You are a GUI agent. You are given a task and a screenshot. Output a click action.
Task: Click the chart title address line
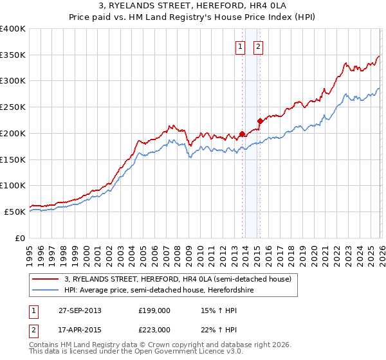click(x=192, y=6)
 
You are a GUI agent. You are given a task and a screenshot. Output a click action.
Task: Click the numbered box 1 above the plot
click(x=240, y=46)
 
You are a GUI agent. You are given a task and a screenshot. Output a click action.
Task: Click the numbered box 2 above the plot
click(x=258, y=46)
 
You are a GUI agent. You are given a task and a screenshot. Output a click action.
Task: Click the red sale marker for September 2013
click(x=242, y=134)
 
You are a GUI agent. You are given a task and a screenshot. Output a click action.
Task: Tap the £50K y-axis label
click(x=15, y=212)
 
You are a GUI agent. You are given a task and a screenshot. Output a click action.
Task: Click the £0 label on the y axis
click(x=21, y=238)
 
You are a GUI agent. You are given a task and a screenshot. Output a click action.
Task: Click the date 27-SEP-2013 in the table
click(x=80, y=310)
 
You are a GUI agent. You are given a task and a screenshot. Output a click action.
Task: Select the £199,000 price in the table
click(x=154, y=310)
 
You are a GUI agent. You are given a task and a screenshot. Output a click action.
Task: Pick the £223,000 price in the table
click(x=154, y=330)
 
